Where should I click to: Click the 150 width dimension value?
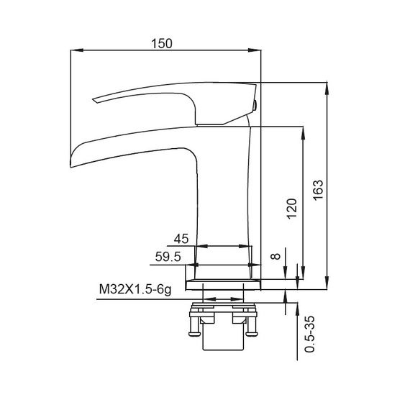(x=163, y=43)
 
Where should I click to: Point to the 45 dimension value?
(x=181, y=239)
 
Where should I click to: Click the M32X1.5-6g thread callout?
(x=135, y=291)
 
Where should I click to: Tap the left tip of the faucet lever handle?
(x=94, y=101)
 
